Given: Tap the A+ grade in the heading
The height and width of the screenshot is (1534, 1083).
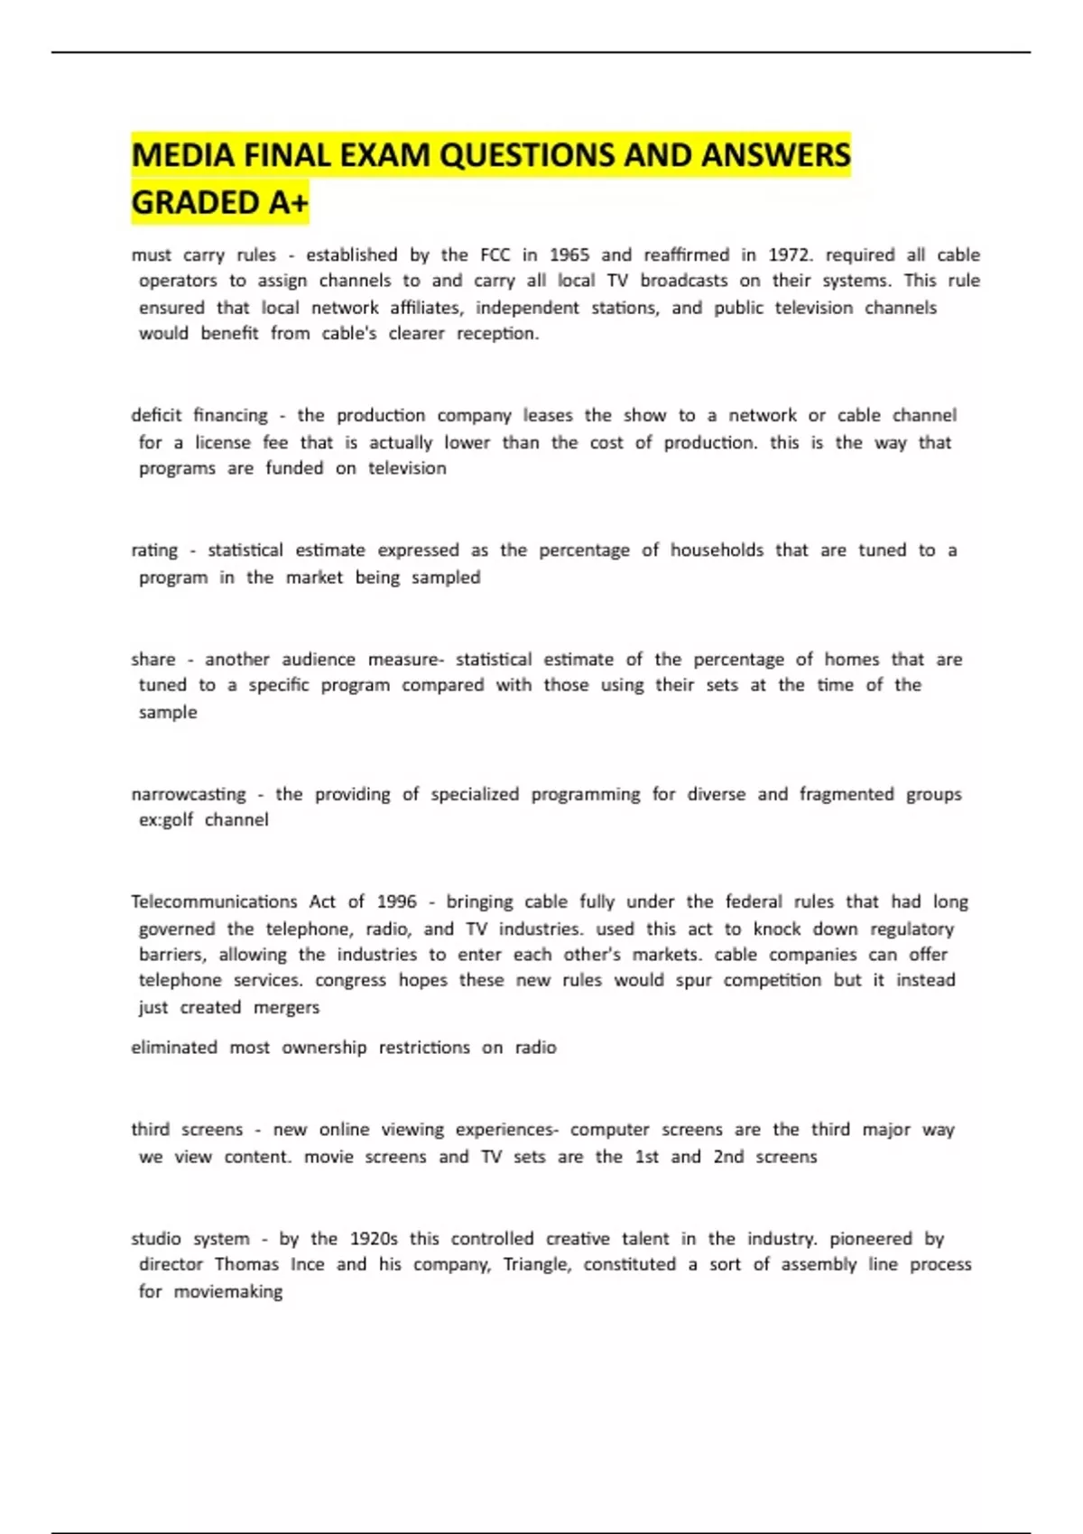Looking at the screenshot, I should [288, 203].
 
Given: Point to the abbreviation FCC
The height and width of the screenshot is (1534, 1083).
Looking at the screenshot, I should [495, 255].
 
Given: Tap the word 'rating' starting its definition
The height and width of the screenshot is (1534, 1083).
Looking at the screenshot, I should [154, 551].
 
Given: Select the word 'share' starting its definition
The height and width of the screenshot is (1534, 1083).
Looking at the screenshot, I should [153, 660].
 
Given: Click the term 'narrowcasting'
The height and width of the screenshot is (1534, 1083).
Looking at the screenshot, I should [188, 795].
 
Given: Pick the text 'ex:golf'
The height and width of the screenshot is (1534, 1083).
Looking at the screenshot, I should [165, 820].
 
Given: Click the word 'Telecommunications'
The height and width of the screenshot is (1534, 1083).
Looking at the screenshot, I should [214, 901].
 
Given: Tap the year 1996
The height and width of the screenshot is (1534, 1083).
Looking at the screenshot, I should [397, 901].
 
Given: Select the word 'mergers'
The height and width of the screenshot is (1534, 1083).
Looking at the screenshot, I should [286, 1008].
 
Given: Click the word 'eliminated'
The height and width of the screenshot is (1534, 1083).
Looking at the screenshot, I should [174, 1048].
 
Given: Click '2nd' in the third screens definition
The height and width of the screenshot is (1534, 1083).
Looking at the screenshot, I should [728, 1157].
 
